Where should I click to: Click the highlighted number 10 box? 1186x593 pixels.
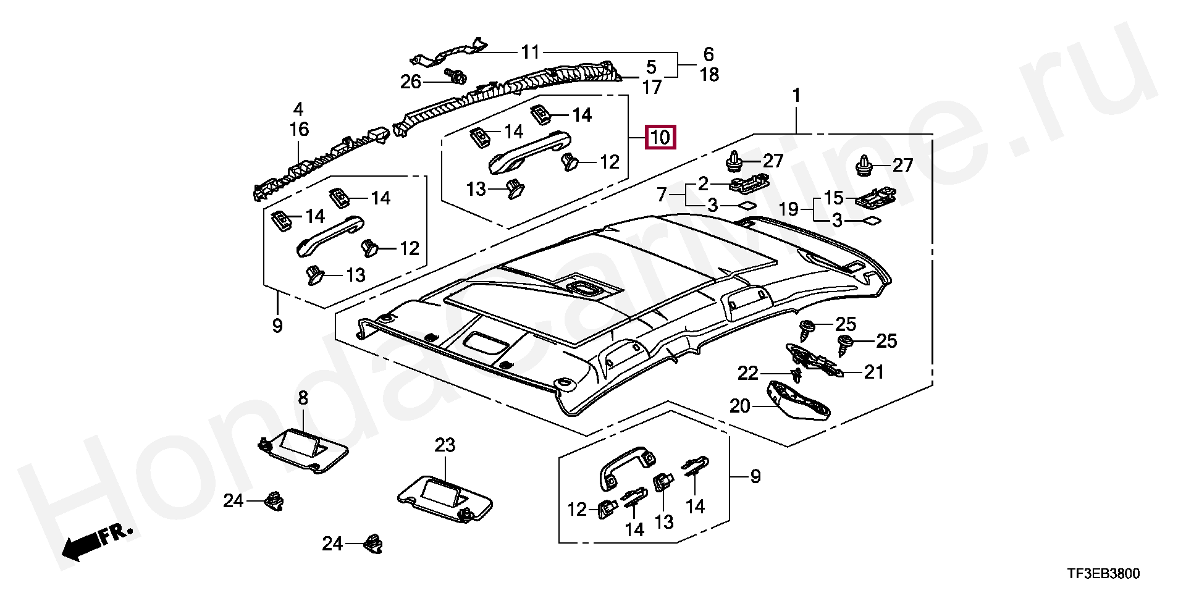click(x=660, y=137)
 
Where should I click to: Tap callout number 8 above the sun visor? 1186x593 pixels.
click(x=303, y=398)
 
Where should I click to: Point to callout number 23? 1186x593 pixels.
click(x=444, y=445)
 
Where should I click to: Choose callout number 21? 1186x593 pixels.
click(x=874, y=372)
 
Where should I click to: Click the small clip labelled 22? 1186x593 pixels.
click(x=796, y=374)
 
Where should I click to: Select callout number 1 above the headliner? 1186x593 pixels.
click(x=797, y=96)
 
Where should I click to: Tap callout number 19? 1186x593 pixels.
click(x=789, y=209)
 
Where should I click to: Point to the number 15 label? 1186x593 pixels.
click(x=833, y=198)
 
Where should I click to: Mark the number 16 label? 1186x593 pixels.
click(x=299, y=130)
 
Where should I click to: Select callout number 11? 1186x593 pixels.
click(x=530, y=53)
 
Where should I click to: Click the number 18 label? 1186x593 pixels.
click(x=709, y=75)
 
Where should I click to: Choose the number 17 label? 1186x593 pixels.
click(x=652, y=87)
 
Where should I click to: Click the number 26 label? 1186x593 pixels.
click(x=411, y=82)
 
